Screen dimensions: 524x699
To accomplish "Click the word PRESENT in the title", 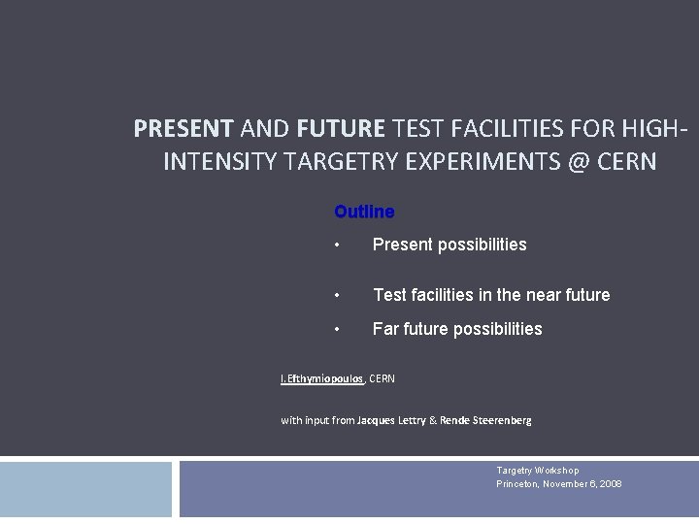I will point(183,128).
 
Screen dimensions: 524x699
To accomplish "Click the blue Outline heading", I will point(364,212).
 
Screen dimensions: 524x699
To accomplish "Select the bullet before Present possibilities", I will point(336,246).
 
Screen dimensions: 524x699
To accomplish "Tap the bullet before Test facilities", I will point(336,295).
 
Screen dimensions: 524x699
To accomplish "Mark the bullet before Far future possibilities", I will point(336,329).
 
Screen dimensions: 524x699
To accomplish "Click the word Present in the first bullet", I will point(402,245).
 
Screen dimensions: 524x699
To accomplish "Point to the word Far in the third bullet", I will point(386,329).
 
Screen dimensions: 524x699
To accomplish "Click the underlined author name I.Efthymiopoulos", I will point(321,378).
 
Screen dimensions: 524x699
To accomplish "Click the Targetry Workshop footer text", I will point(537,471).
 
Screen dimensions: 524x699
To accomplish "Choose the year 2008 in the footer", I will point(610,483).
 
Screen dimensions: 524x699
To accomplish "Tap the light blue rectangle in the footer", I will point(85,489).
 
